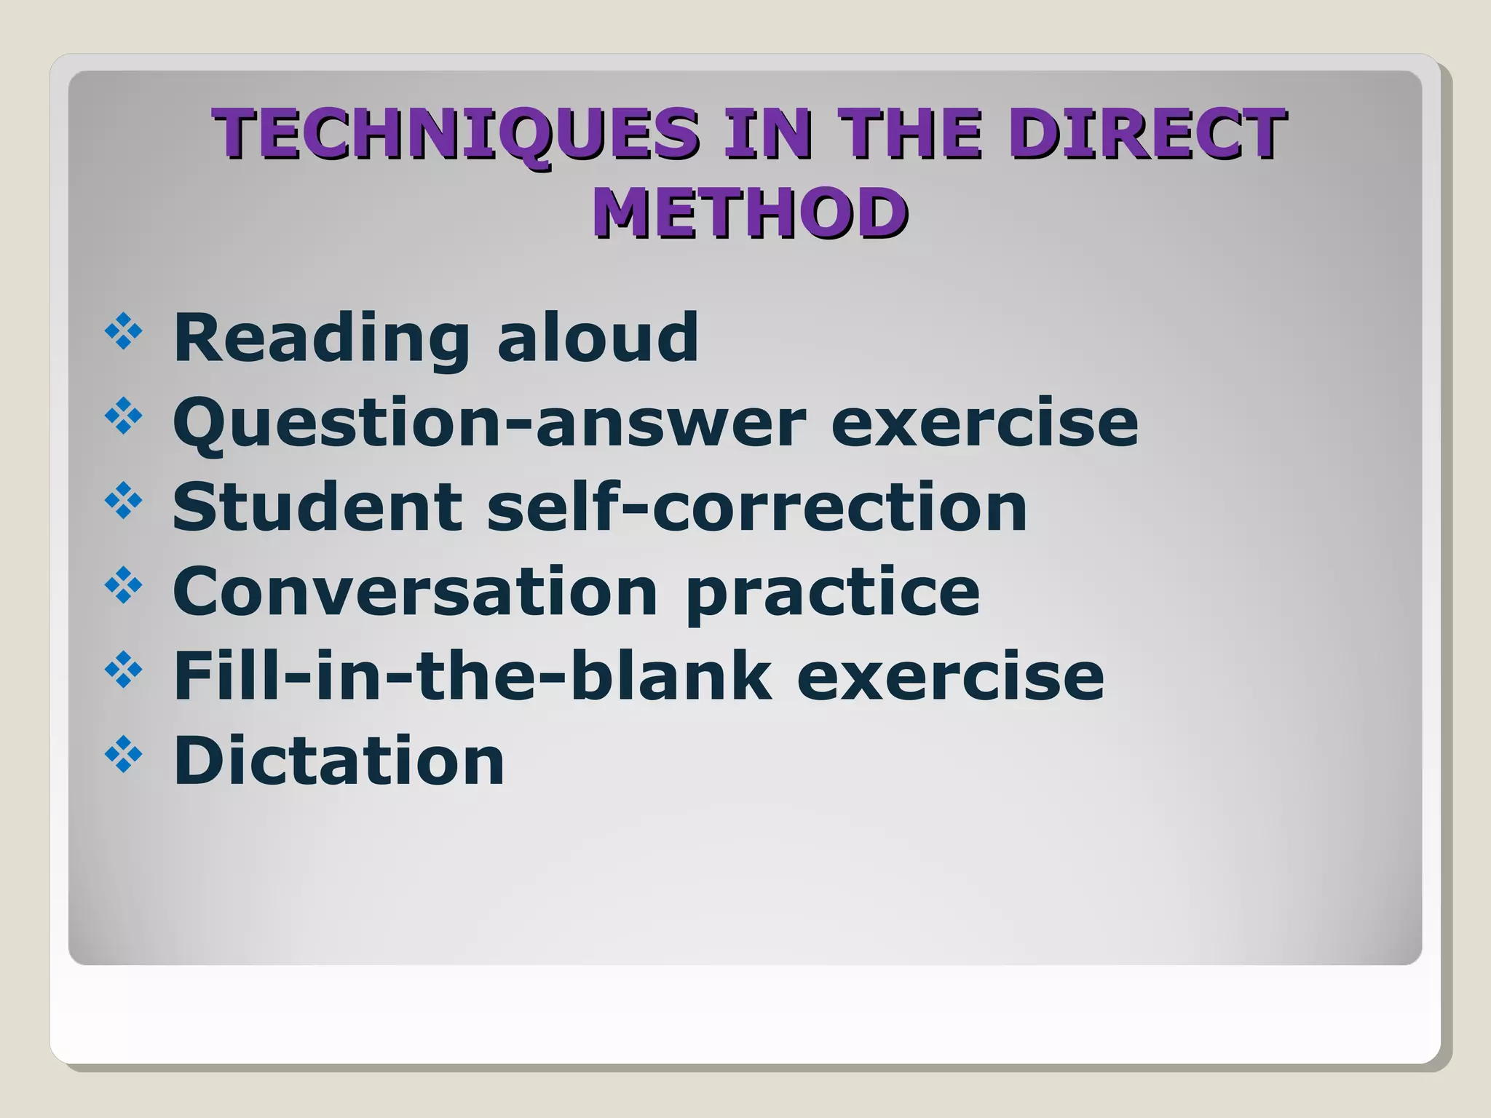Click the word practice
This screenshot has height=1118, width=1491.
(832, 592)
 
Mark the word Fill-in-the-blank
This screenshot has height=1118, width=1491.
(472, 675)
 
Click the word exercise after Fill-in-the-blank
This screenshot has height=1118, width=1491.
(951, 677)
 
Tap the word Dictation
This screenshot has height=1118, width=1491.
(339, 760)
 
